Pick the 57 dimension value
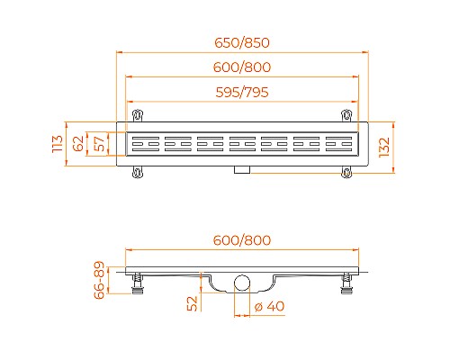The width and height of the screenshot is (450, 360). click(x=99, y=143)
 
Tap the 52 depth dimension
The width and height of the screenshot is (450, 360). click(x=192, y=303)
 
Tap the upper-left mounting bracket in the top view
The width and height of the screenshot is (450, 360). click(x=138, y=116)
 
